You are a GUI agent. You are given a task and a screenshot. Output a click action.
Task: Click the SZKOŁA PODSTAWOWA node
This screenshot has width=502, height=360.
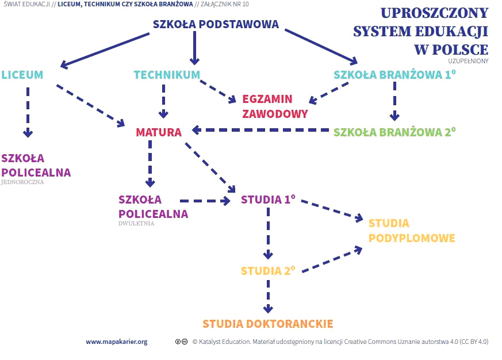[216, 24]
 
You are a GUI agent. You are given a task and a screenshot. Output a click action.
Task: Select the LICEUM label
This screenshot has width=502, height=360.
[22, 75]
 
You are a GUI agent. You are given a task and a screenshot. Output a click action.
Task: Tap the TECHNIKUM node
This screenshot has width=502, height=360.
[167, 75]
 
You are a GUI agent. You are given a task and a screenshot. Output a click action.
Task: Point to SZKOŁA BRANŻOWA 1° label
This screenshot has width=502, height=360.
[394, 75]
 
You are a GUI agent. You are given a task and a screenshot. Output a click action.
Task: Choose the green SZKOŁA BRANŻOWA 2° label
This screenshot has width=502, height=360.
[394, 132]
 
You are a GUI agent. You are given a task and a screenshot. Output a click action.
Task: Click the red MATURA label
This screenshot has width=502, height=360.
[159, 132]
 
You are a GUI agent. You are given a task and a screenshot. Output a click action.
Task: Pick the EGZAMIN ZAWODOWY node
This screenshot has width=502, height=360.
[275, 106]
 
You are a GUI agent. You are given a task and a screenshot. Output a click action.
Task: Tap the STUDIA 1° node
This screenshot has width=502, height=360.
[268, 200]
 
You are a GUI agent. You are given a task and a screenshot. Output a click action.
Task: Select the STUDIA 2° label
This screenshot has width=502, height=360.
[268, 271]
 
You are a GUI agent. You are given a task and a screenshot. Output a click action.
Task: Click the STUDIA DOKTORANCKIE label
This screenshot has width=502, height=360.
[268, 324]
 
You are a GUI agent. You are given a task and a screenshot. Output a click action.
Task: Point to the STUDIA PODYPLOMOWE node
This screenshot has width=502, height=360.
[412, 231]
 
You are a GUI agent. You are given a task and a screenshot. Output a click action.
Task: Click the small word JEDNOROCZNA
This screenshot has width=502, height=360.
[22, 182]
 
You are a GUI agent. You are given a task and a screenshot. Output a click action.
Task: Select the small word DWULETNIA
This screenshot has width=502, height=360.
[136, 224]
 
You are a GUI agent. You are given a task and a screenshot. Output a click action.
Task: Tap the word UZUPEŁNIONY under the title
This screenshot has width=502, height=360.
[468, 61]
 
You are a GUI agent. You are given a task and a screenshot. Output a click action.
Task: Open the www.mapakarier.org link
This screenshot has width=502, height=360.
[117, 342]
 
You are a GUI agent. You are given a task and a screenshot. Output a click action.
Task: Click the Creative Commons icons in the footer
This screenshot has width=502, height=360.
[182, 342]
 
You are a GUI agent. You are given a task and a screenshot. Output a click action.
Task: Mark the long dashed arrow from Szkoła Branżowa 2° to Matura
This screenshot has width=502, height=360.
[260, 130]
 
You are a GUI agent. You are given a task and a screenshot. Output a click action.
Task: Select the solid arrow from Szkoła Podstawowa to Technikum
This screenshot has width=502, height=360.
[195, 48]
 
